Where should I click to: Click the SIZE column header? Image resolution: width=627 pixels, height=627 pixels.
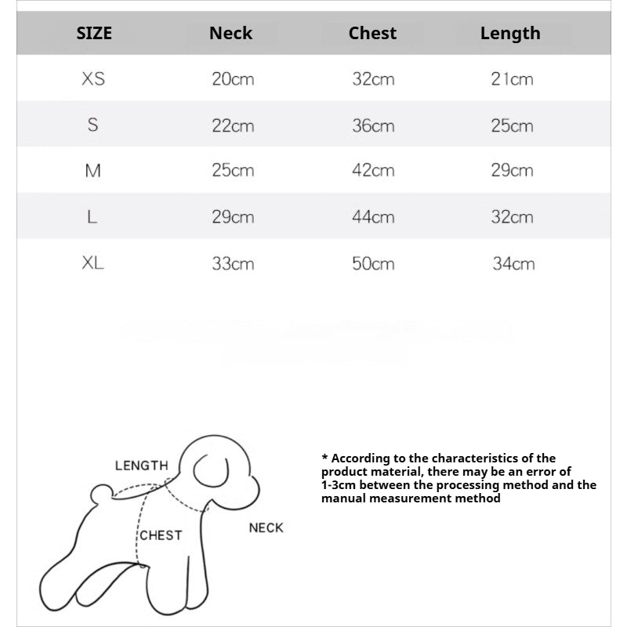point(94,33)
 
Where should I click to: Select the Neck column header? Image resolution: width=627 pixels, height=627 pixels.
point(231,33)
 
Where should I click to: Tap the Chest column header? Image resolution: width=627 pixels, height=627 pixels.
point(372,33)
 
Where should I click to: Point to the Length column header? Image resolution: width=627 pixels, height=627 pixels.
point(510,33)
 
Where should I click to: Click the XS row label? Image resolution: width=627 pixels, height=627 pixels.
point(92,79)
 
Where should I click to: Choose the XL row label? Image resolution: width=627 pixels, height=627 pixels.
point(92,263)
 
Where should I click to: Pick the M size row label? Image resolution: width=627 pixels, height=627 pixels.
point(92,171)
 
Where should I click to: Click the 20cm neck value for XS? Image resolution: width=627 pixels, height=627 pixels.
point(233,79)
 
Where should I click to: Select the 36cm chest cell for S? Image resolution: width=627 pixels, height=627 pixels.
point(373,125)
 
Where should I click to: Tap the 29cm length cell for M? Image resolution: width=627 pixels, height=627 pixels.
point(512,171)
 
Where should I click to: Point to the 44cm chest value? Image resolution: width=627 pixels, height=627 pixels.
point(373,217)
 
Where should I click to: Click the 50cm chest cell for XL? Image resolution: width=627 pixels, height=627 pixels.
point(373,263)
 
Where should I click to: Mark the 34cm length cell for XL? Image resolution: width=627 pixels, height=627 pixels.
point(513,263)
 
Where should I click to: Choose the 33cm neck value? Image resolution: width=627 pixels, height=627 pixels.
point(233,263)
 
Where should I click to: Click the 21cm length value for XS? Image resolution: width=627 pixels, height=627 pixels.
point(512,79)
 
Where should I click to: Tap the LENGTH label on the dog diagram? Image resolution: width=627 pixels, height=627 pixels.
point(141,466)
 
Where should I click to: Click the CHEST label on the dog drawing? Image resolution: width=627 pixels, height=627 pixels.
point(161,535)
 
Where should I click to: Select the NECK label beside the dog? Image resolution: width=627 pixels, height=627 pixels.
point(266,527)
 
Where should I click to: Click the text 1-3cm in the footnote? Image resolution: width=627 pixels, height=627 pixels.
point(338,484)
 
